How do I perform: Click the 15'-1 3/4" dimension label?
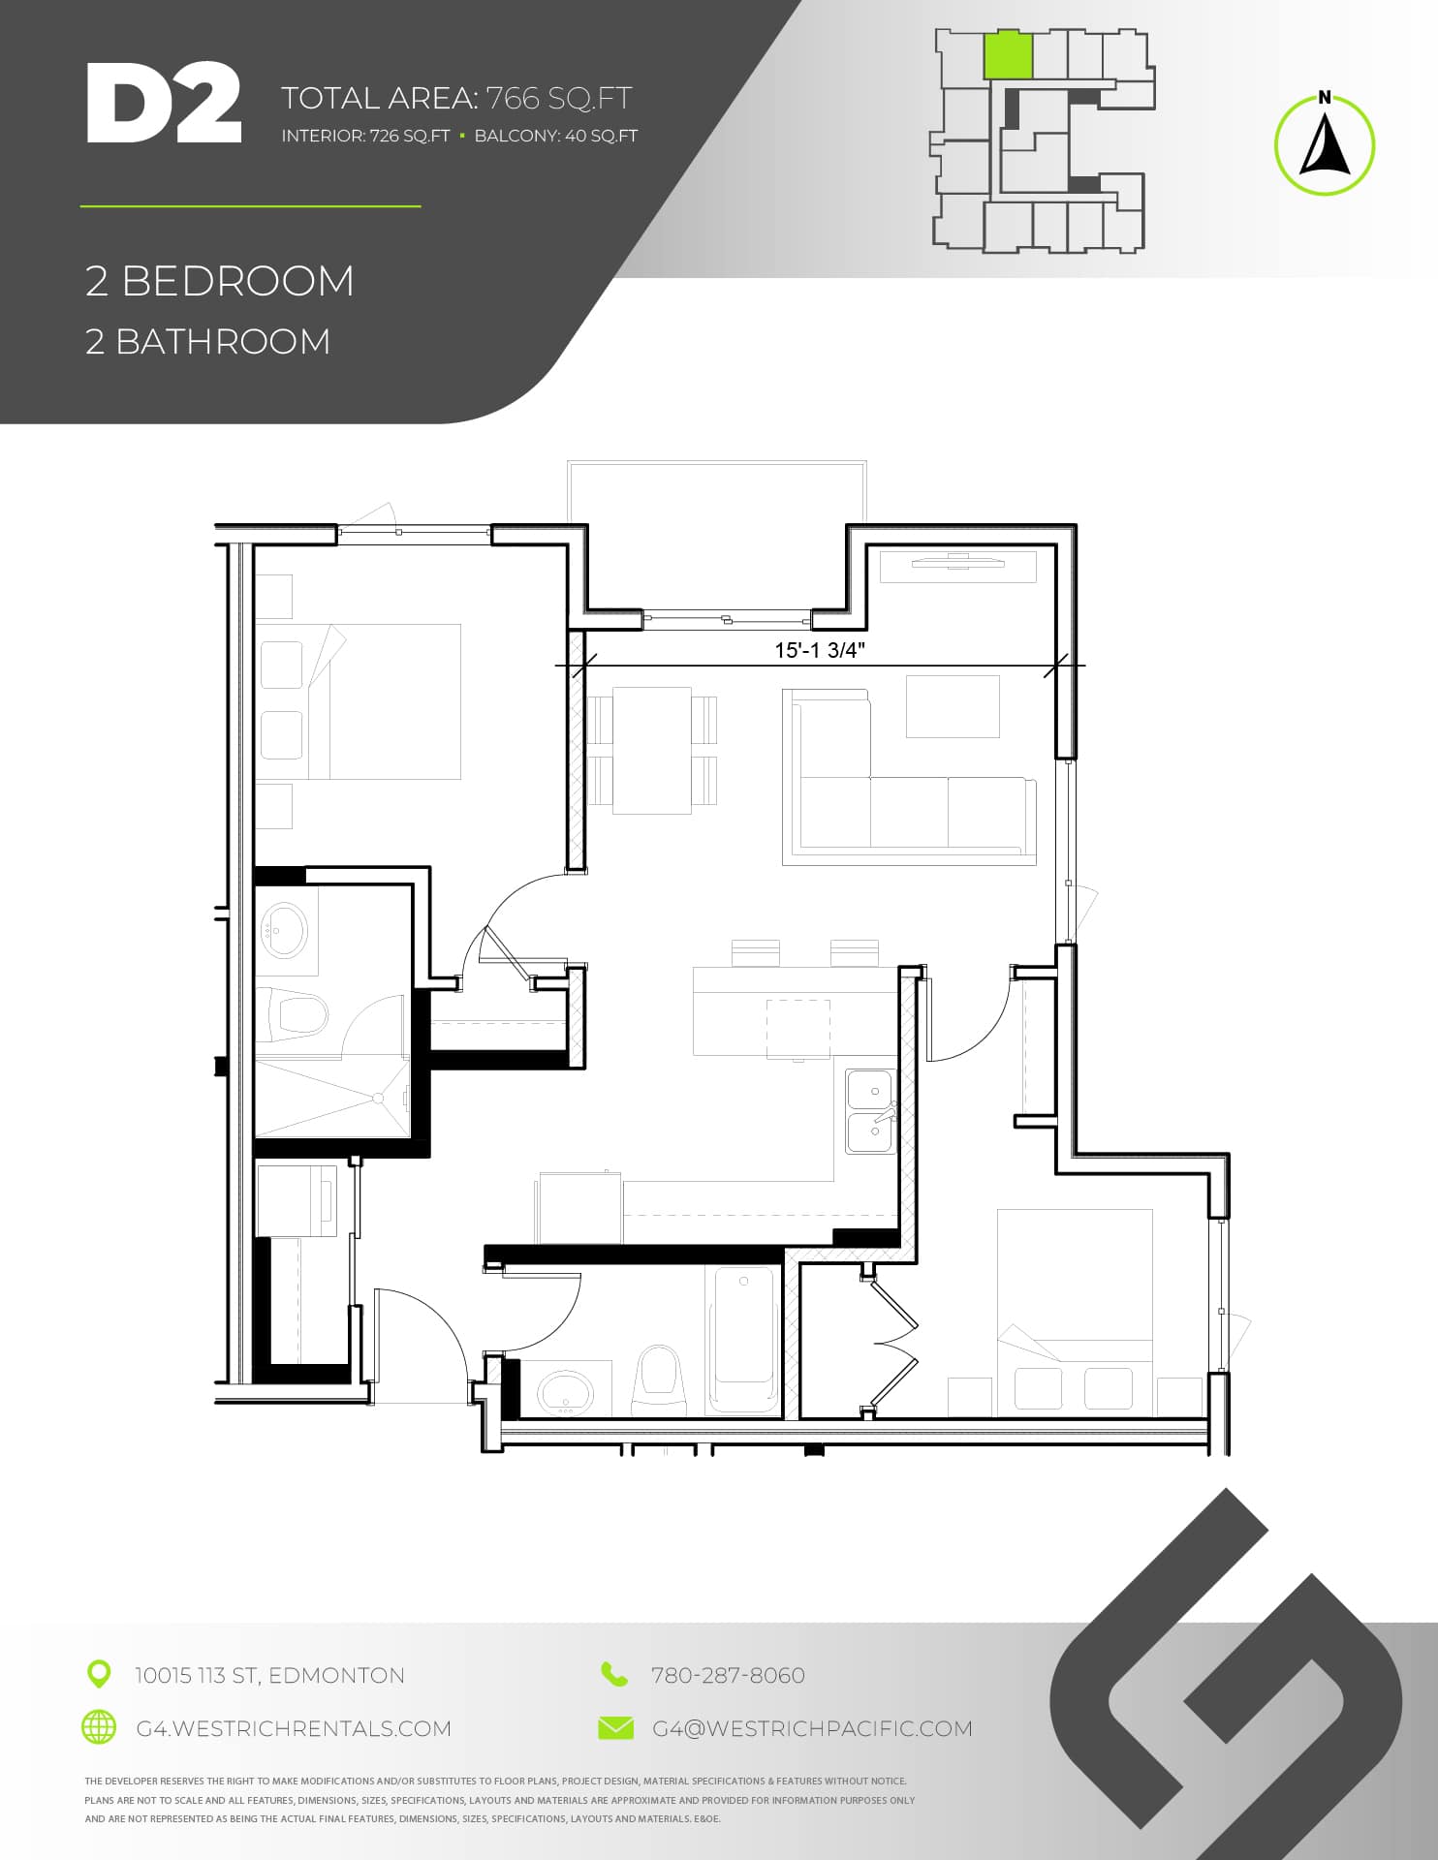(819, 650)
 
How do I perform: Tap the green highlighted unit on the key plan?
(1008, 55)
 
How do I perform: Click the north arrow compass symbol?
(1324, 144)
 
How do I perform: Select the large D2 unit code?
(163, 104)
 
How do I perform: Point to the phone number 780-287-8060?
(728, 1675)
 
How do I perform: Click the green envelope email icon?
(615, 1727)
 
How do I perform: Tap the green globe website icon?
(98, 1727)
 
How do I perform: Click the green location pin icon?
(98, 1674)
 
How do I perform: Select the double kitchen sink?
(870, 1111)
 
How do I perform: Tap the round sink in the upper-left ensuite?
(285, 929)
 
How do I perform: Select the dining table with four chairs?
(652, 750)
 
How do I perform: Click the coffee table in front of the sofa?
(953, 706)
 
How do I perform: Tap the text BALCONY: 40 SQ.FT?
(555, 136)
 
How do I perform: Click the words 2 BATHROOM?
(207, 342)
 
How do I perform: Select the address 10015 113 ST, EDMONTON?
(269, 1675)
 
